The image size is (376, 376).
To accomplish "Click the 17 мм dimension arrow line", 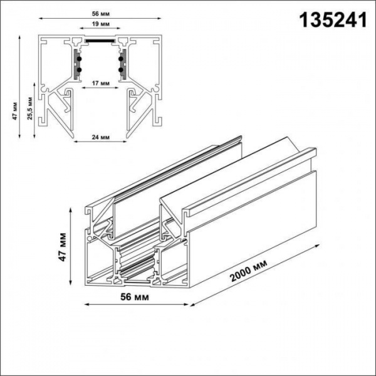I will [98, 88].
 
